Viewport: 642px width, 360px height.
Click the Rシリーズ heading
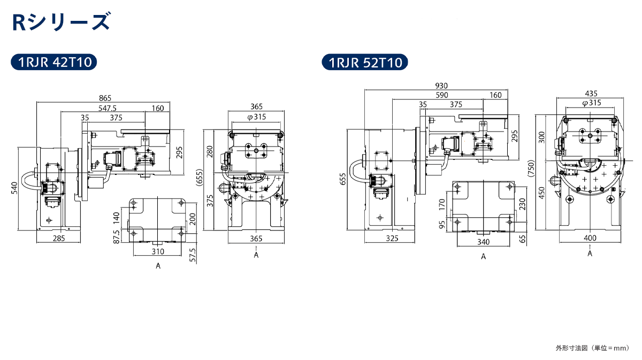coord(61,21)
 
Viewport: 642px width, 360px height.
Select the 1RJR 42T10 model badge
coord(54,62)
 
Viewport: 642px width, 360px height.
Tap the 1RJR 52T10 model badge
coord(365,62)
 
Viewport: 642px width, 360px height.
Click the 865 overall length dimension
coord(105,98)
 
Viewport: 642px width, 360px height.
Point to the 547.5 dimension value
coord(108,108)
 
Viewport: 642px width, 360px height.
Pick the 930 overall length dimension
coord(441,86)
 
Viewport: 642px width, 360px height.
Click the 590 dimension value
coord(442,95)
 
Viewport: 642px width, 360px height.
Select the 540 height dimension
coord(14,188)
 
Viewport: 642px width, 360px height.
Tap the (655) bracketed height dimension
coord(200,178)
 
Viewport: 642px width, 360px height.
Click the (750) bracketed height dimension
coord(531,168)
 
